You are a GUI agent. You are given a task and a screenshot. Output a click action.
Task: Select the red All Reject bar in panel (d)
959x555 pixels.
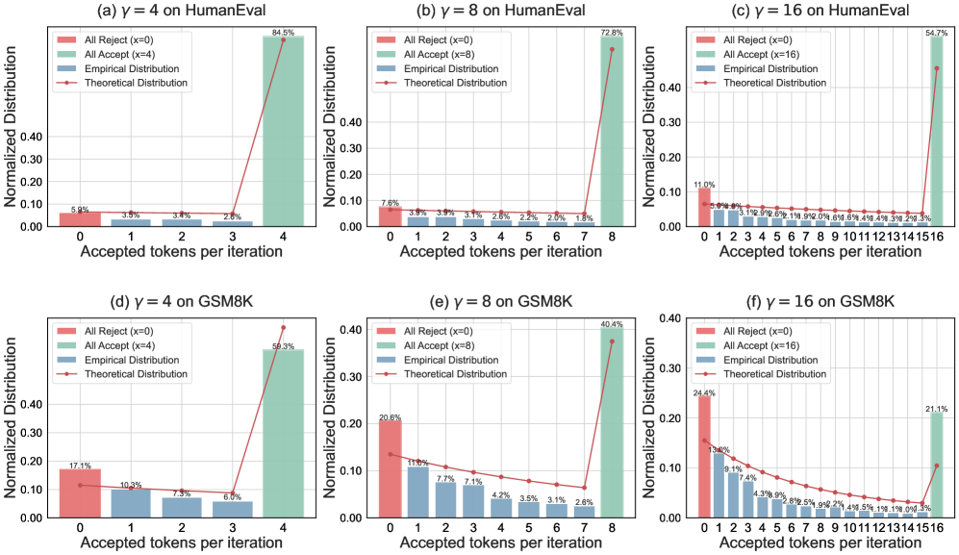point(80,492)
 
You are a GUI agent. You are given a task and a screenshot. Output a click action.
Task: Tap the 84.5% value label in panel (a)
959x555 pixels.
point(283,32)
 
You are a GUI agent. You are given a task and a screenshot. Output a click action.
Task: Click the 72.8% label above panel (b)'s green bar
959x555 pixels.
point(612,33)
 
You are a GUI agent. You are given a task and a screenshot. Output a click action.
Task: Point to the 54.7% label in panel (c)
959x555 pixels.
point(935,33)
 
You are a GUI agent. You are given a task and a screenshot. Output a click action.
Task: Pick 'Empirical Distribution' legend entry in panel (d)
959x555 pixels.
point(137,361)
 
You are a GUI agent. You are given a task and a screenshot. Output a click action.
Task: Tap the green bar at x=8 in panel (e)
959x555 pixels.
point(612,423)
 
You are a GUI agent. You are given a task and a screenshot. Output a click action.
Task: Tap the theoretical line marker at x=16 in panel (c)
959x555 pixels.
point(936,68)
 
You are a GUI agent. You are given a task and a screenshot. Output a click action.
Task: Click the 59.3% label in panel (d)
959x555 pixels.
point(283,345)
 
